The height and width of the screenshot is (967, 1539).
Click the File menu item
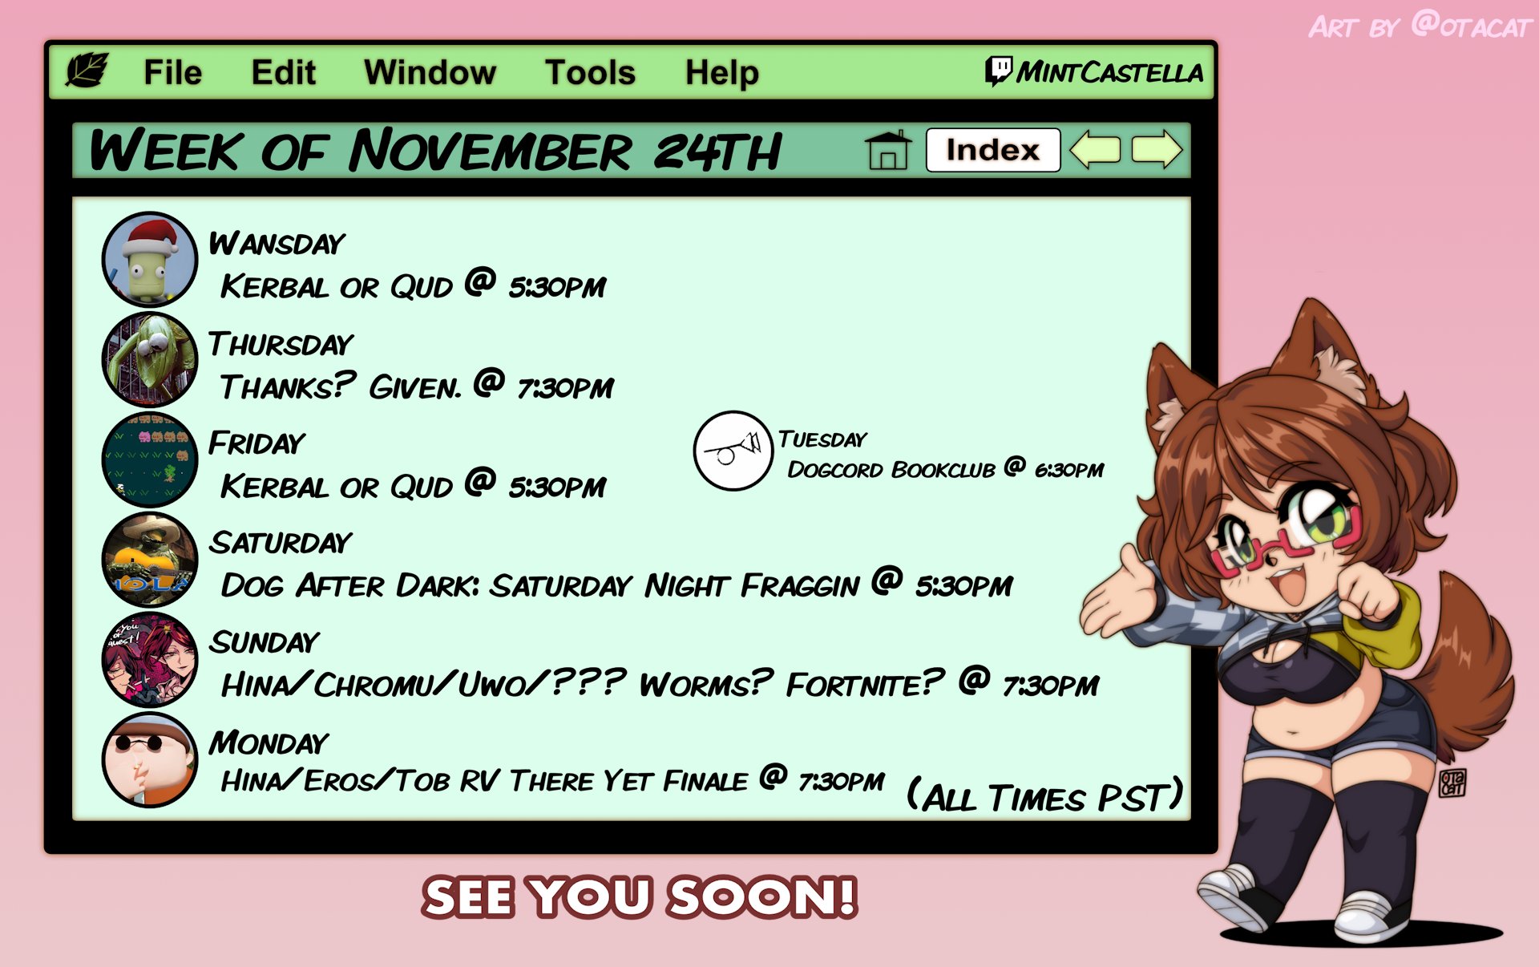(x=172, y=73)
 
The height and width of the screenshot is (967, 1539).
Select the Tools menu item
(x=590, y=73)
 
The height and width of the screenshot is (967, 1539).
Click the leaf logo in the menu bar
(x=87, y=71)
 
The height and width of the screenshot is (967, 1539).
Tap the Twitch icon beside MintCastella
(x=998, y=71)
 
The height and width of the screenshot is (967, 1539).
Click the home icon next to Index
(x=888, y=150)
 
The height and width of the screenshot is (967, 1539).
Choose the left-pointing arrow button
(x=1095, y=150)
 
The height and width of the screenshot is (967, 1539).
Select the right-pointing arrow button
(x=1157, y=150)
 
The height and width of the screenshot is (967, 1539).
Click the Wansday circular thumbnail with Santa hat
(x=150, y=259)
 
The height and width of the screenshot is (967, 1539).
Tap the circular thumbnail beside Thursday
(x=150, y=359)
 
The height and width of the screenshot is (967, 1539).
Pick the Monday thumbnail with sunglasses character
(x=150, y=759)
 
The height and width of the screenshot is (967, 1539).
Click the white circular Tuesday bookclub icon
(x=733, y=451)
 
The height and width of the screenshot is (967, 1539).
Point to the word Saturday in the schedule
(x=281, y=543)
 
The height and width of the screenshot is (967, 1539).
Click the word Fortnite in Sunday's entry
(x=865, y=684)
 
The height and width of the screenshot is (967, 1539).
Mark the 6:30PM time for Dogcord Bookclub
(x=1068, y=470)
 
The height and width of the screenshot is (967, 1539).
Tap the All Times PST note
(x=1044, y=795)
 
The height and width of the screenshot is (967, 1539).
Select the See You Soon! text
(x=640, y=896)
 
